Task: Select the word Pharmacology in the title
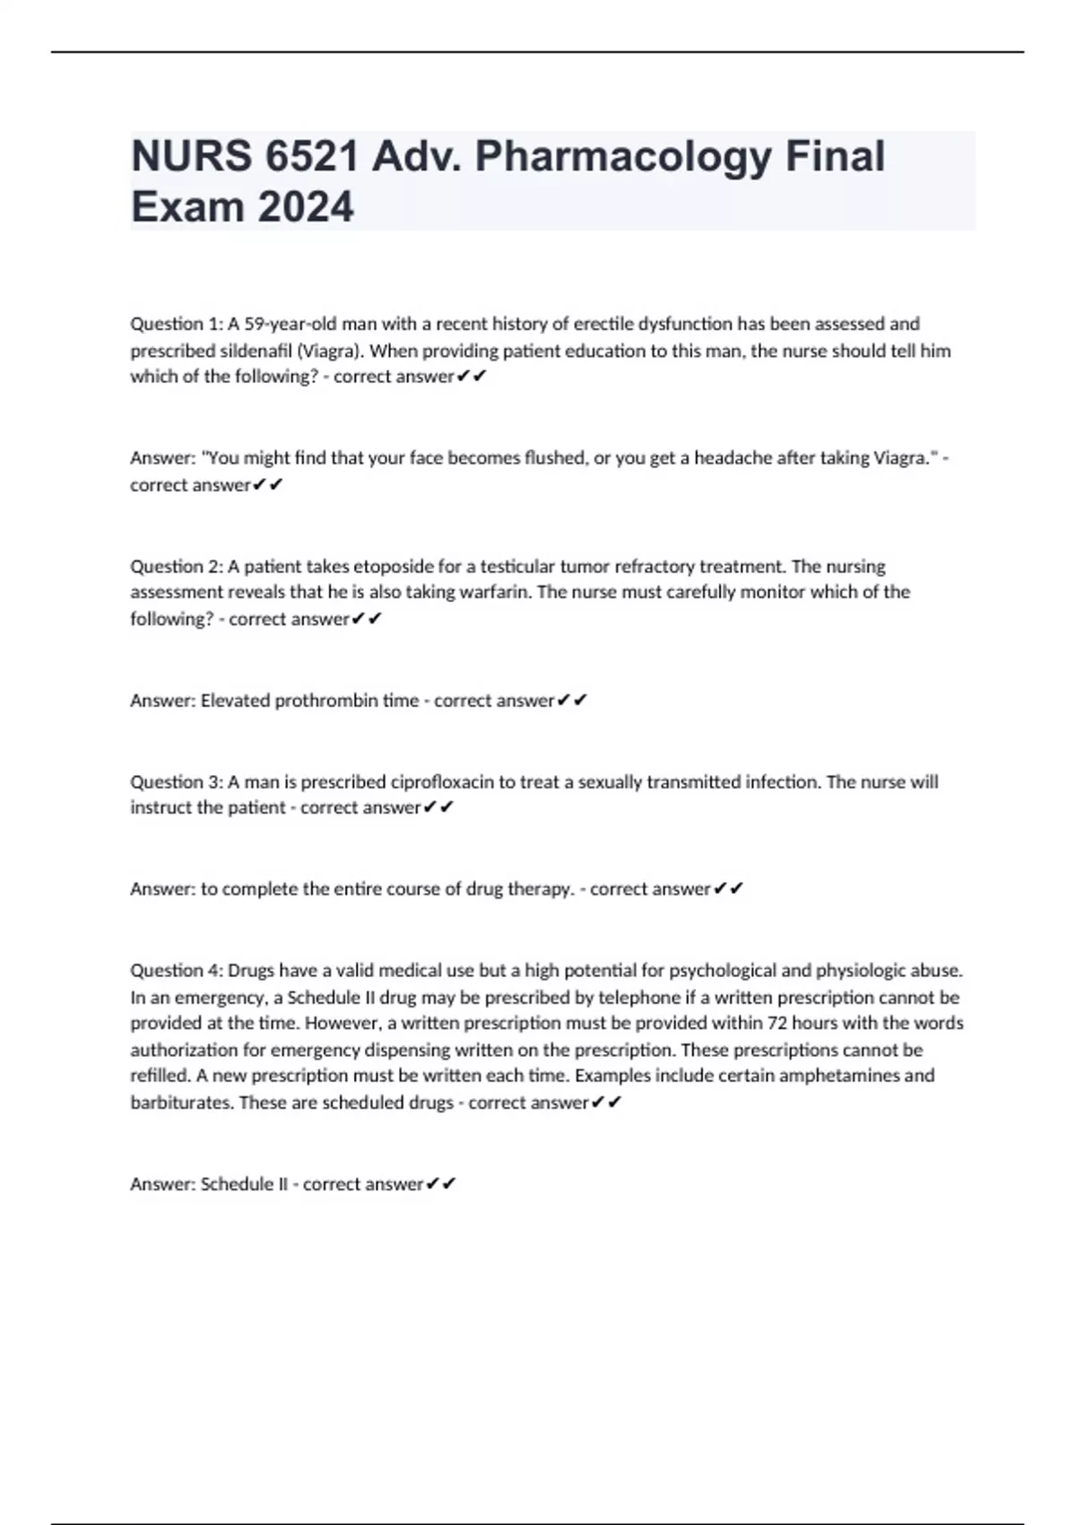click(622, 156)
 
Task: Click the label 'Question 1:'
click(176, 324)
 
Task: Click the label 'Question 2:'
click(176, 567)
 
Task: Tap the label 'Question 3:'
click(176, 782)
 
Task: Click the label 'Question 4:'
click(176, 971)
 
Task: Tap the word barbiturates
click(182, 1102)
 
